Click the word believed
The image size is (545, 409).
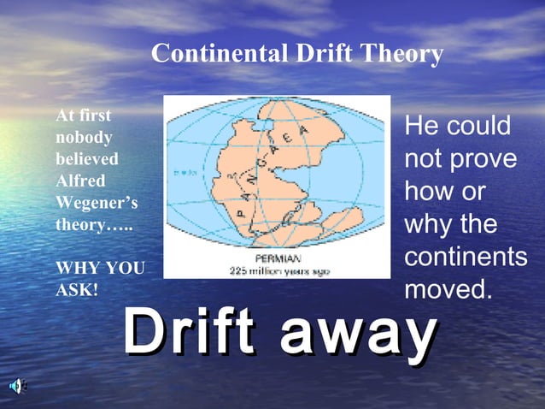[x=86, y=159]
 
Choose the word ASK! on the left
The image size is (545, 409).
[x=77, y=291]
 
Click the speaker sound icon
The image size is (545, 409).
[x=17, y=386]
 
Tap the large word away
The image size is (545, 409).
[x=358, y=335]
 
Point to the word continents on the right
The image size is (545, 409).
[x=466, y=258]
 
